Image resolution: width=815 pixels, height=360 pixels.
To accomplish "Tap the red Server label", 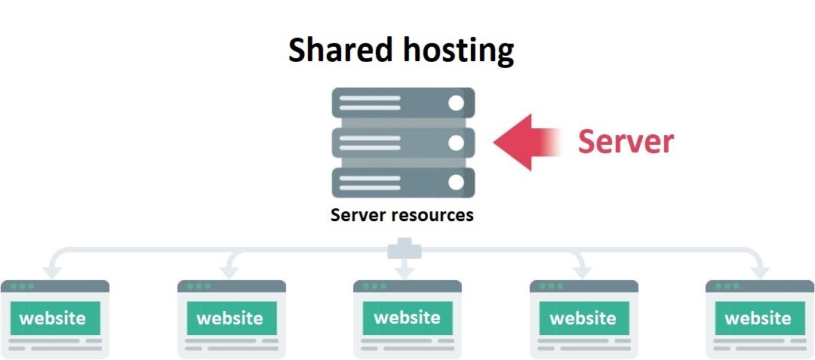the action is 626,141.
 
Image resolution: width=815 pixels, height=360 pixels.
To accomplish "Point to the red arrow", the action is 527,143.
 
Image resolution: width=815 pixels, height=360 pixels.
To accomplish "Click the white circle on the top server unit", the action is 456,103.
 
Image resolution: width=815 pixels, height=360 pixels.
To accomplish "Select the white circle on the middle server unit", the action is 456,143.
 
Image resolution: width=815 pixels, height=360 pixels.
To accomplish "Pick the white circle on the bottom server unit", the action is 456,183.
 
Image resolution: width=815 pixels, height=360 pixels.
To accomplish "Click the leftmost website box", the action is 55,318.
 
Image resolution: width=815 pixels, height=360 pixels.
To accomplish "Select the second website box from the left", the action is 232,318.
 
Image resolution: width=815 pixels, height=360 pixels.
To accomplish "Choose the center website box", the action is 407,318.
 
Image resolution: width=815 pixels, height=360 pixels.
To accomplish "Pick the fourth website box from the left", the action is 583,318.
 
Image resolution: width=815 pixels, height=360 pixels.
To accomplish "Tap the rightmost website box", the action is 759,318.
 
